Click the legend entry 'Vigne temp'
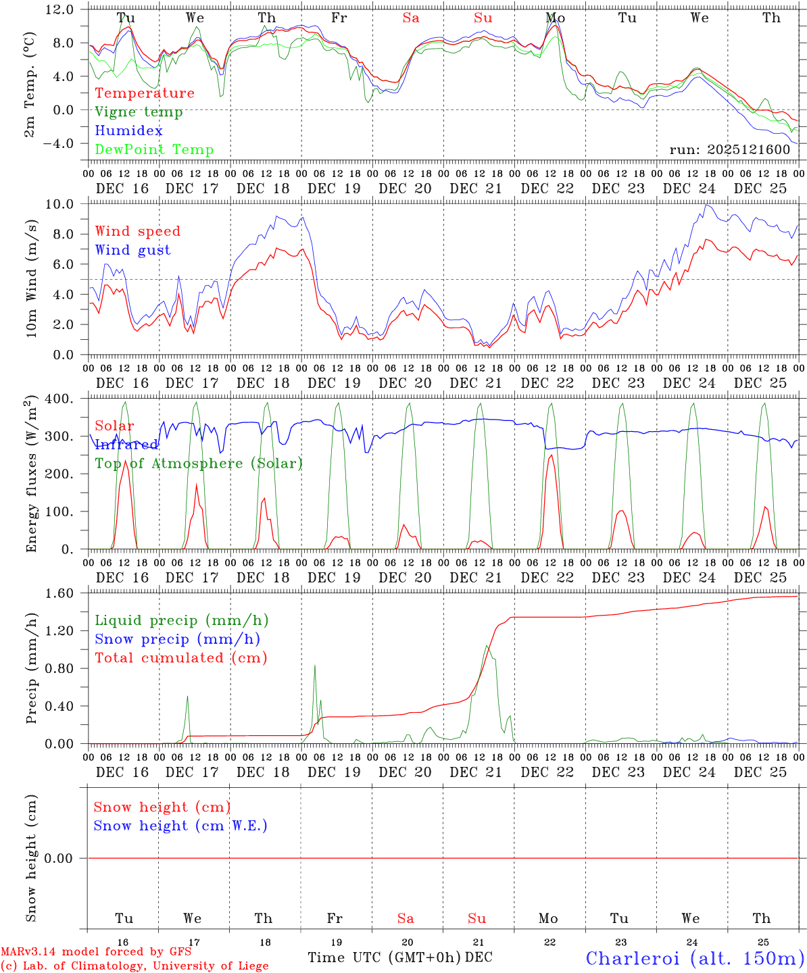(x=139, y=112)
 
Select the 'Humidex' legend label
(x=128, y=131)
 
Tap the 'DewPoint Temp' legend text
(x=154, y=150)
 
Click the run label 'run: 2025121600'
(x=730, y=149)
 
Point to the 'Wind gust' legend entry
(x=132, y=250)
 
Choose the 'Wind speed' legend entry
(x=138, y=231)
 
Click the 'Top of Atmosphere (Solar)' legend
(x=199, y=464)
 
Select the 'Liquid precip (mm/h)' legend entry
(x=181, y=620)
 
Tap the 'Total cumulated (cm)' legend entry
(x=181, y=657)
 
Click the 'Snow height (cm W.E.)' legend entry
(x=180, y=826)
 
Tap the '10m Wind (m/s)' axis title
(x=31, y=278)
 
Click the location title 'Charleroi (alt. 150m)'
(x=695, y=958)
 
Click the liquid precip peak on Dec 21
(x=486, y=646)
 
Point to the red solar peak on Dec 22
(x=552, y=455)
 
